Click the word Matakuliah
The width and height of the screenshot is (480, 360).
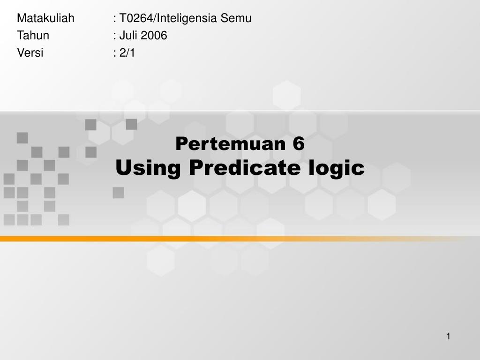(45, 18)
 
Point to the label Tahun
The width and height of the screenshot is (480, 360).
(33, 36)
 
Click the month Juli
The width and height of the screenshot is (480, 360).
(128, 36)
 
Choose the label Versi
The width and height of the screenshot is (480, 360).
(30, 53)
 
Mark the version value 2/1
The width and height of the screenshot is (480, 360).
(127, 53)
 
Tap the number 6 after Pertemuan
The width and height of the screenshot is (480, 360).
(299, 144)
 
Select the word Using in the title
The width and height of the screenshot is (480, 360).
(148, 168)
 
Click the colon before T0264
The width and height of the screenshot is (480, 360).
(115, 19)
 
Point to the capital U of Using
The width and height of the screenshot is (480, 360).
(123, 167)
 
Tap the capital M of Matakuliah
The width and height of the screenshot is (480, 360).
(21, 18)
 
